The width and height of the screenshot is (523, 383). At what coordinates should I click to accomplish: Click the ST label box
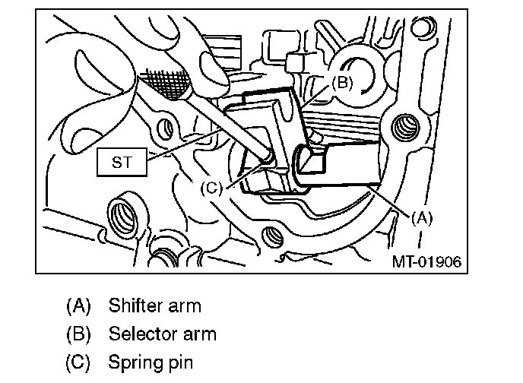click(x=122, y=163)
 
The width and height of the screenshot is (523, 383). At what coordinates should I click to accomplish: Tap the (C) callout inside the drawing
click(x=211, y=187)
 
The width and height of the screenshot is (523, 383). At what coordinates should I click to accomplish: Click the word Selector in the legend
click(x=141, y=334)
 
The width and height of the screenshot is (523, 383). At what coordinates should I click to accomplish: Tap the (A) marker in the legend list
click(x=79, y=306)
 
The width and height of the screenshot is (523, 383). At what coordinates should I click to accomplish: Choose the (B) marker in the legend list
click(x=79, y=334)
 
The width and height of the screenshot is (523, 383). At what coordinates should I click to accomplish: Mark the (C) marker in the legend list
click(x=79, y=362)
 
